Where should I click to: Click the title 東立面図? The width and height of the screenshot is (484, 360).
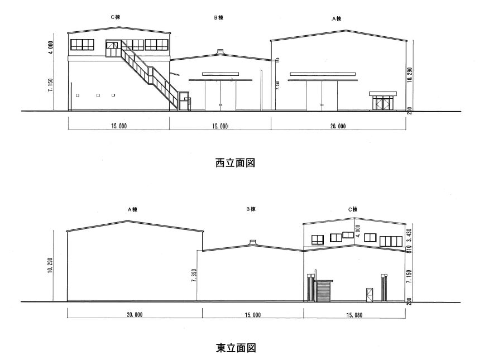[236, 348]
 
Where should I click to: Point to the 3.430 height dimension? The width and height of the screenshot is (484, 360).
[409, 233]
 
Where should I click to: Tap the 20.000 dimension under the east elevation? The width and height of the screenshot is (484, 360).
[134, 315]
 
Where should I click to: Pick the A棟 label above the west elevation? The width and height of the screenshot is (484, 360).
[337, 18]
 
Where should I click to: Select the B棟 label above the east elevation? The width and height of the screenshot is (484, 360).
[251, 209]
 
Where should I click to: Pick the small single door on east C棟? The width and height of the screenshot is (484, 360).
[370, 294]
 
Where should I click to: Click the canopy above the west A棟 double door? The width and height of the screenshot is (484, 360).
[322, 73]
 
